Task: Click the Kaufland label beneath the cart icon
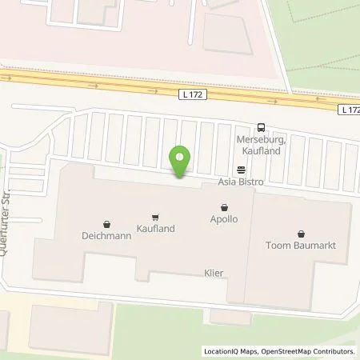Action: point(155,228)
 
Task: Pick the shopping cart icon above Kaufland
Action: point(155,216)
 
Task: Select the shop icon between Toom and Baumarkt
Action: point(299,234)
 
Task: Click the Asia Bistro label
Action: point(241,182)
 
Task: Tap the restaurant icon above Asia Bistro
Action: point(238,169)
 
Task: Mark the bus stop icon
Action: point(261,127)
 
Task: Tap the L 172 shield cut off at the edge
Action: point(350,109)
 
